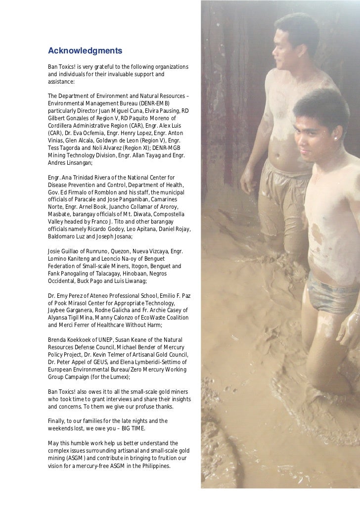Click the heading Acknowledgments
coord(85,50)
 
